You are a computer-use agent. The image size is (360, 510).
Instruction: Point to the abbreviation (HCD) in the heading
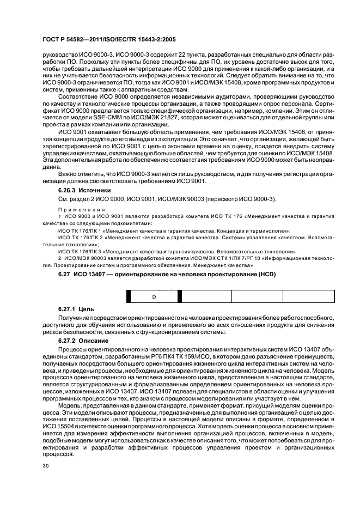click(x=266, y=274)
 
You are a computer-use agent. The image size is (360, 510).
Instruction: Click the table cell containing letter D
click(x=154, y=296)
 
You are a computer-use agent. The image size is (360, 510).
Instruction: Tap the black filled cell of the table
click(x=129, y=296)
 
